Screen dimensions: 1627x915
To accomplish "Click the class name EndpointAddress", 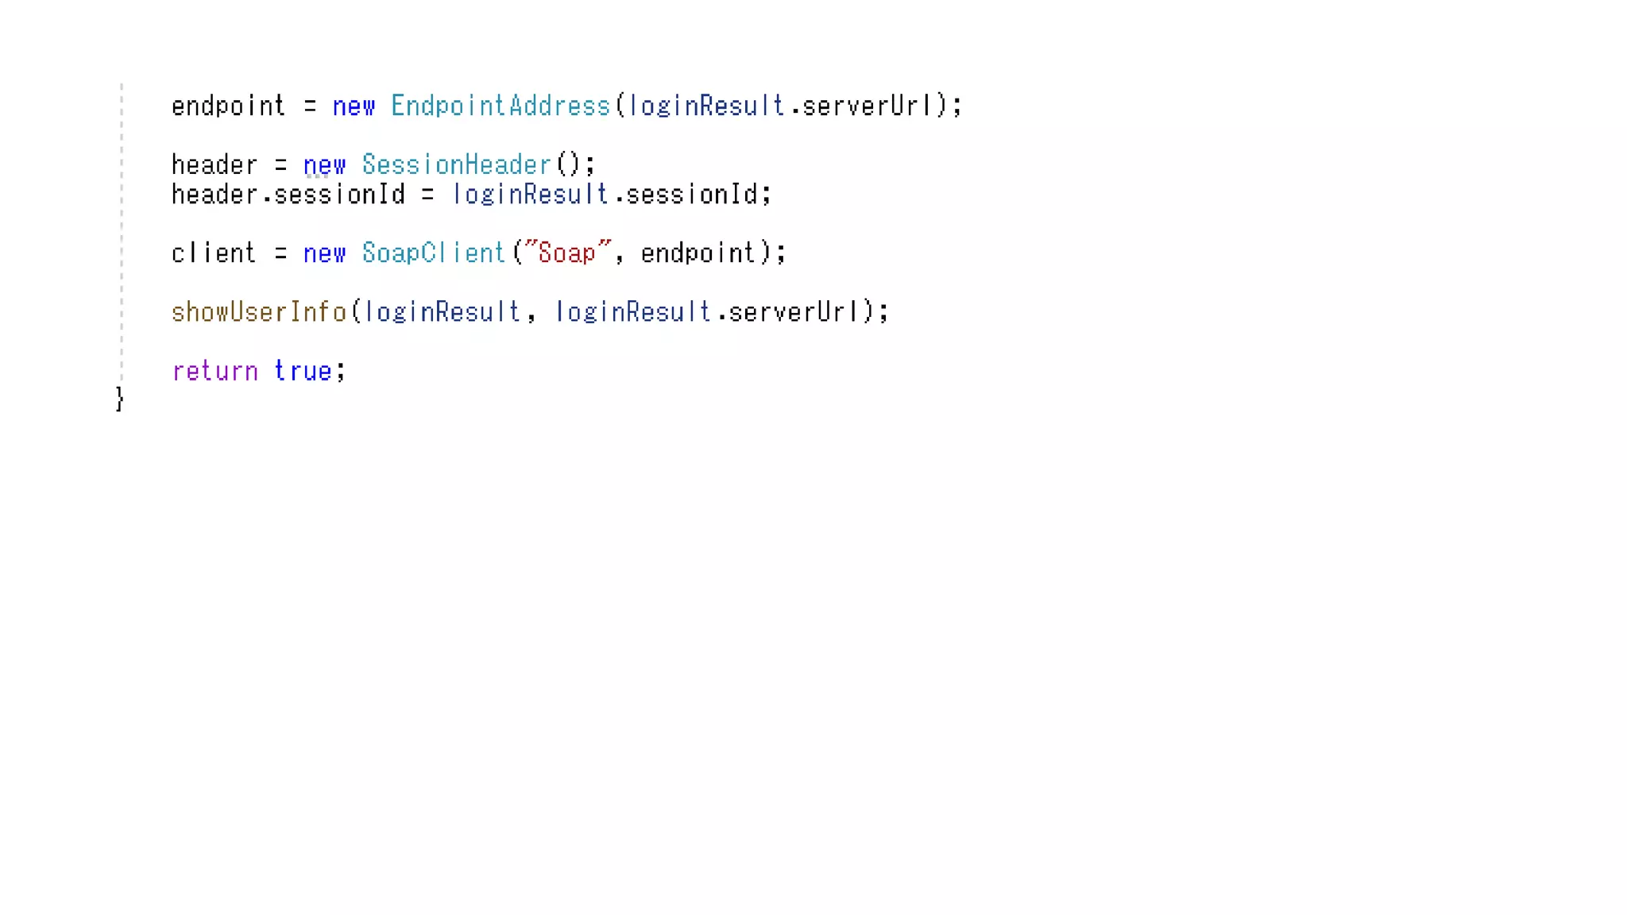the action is click(500, 106).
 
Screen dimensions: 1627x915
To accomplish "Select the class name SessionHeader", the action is click(456, 165).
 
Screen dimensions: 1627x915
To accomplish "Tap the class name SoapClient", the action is click(433, 253).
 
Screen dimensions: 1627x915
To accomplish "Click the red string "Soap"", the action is click(566, 253).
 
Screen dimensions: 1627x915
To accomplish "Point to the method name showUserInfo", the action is click(259, 312).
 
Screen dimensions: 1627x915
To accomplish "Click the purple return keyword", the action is click(214, 372).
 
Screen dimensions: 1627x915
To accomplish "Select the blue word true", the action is click(303, 372).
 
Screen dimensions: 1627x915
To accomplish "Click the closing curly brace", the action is click(119, 399).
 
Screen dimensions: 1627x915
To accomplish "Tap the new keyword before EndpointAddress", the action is click(354, 106).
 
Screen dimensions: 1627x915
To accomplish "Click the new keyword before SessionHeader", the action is click(324, 165).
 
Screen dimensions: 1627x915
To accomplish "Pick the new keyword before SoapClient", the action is click(324, 253).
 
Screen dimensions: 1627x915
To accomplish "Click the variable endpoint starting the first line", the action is click(228, 106).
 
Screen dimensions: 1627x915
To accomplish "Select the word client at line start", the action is click(214, 253).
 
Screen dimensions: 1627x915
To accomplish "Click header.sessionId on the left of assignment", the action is click(288, 195).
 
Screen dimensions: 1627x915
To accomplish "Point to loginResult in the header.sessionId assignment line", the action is click(530, 195).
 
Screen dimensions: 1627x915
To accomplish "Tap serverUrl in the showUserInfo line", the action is click(794, 312).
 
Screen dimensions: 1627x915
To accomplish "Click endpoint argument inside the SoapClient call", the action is click(698, 253).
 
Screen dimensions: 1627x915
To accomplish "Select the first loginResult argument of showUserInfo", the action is click(442, 312).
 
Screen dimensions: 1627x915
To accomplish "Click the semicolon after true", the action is click(341, 372).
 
